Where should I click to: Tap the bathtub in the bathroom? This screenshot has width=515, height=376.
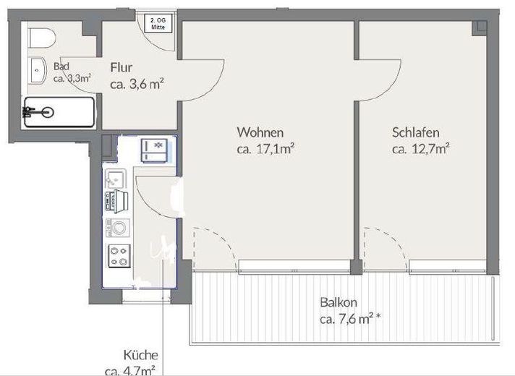59,112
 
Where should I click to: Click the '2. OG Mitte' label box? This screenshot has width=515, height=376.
157,22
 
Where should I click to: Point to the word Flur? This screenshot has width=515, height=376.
121,68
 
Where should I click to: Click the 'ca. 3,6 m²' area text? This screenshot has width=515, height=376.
137,84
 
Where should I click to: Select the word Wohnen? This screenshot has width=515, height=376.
260,132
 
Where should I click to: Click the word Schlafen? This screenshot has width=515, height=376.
416,132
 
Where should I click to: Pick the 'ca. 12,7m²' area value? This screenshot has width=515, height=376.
421,149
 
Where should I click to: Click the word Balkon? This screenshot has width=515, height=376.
339,303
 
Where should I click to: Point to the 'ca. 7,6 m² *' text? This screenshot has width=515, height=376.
350,319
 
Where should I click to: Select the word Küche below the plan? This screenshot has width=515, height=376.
140,356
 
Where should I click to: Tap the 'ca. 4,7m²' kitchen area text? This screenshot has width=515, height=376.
135,370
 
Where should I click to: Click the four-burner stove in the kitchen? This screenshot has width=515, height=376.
118,254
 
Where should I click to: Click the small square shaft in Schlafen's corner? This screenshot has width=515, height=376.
480,27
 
